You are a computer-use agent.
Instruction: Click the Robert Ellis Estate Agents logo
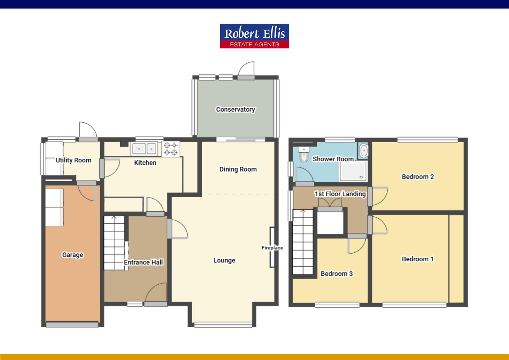pyautogui.click(x=254, y=36)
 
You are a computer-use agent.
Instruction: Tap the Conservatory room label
pyautogui.click(x=235, y=109)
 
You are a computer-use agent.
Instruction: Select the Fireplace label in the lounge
pyautogui.click(x=272, y=248)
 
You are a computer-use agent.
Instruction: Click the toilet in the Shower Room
pyautogui.click(x=303, y=155)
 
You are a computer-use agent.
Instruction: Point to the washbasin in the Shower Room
pyautogui.click(x=363, y=151)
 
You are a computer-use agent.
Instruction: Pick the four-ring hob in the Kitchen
pyautogui.click(x=171, y=149)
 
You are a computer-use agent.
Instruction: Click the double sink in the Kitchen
pyautogui.click(x=144, y=148)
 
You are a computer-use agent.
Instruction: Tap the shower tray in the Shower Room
pyautogui.click(x=352, y=171)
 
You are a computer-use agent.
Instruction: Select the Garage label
pyautogui.click(x=72, y=255)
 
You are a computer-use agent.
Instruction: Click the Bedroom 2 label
pyautogui.click(x=418, y=177)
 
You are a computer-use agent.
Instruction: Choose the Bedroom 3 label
pyautogui.click(x=336, y=274)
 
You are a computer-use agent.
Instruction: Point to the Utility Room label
pyautogui.click(x=73, y=160)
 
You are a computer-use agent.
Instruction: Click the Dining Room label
pyautogui.click(x=238, y=169)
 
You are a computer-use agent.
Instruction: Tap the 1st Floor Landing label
pyautogui.click(x=340, y=194)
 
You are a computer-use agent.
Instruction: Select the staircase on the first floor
pyautogui.click(x=303, y=242)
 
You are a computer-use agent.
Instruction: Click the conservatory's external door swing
pyautogui.click(x=247, y=69)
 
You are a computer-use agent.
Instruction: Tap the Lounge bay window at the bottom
pyautogui.click(x=223, y=324)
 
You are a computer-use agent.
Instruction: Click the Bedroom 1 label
pyautogui.click(x=418, y=259)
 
